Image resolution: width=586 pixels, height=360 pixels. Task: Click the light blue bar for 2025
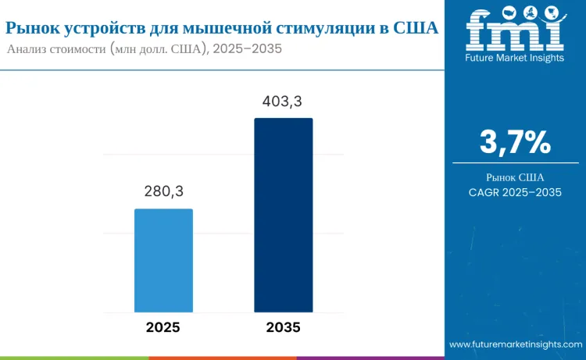(163, 260)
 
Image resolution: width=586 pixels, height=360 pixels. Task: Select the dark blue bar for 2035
(283, 215)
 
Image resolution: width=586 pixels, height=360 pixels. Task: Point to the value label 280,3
(163, 191)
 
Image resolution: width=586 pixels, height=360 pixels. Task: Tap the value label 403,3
(283, 101)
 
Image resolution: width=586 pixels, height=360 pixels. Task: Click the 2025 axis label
(163, 327)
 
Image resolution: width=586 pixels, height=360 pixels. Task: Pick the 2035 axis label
(283, 327)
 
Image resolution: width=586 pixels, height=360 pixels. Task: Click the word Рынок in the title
(31, 28)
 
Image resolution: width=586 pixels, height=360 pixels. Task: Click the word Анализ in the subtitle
(29, 48)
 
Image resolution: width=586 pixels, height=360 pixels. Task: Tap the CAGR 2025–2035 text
(515, 192)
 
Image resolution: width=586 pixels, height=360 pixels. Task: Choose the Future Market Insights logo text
(514, 58)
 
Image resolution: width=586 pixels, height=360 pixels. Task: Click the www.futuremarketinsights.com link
(516, 344)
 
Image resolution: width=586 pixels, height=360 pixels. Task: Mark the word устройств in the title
(102, 28)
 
